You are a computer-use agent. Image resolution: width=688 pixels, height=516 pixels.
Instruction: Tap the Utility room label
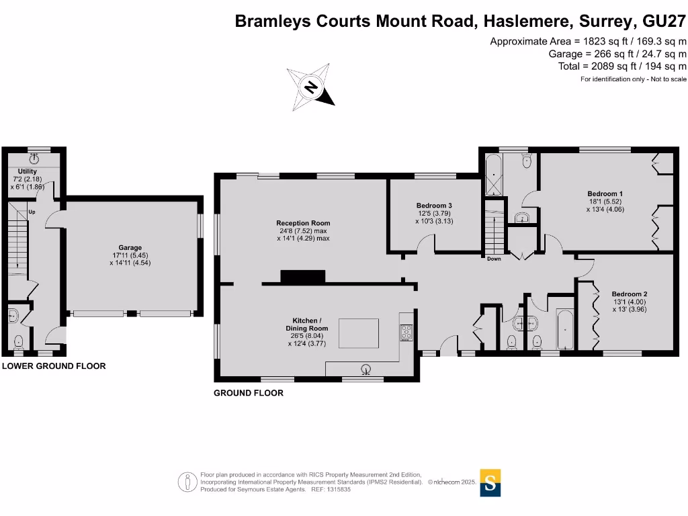28,172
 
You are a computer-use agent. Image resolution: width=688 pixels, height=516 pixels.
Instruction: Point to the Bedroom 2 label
629,294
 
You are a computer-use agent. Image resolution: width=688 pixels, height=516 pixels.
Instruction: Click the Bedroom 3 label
433,206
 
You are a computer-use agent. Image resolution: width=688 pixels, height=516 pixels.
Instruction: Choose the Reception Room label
303,223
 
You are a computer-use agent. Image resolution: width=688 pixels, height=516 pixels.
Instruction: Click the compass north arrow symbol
311,87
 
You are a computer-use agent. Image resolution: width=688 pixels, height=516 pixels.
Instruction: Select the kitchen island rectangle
357,333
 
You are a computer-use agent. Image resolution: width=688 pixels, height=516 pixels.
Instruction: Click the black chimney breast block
303,275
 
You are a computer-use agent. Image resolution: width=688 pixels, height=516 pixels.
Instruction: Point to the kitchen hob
406,331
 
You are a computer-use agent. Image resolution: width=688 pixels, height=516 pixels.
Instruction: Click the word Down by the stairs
494,259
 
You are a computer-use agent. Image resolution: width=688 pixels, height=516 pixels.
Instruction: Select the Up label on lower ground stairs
32,212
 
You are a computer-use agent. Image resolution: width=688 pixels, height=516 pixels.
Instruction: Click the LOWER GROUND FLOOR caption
54,366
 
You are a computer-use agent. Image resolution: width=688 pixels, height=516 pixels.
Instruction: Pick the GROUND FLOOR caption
248,393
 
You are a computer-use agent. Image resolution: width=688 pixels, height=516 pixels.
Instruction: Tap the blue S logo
490,482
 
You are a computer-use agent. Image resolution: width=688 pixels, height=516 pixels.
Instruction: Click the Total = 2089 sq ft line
622,66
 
